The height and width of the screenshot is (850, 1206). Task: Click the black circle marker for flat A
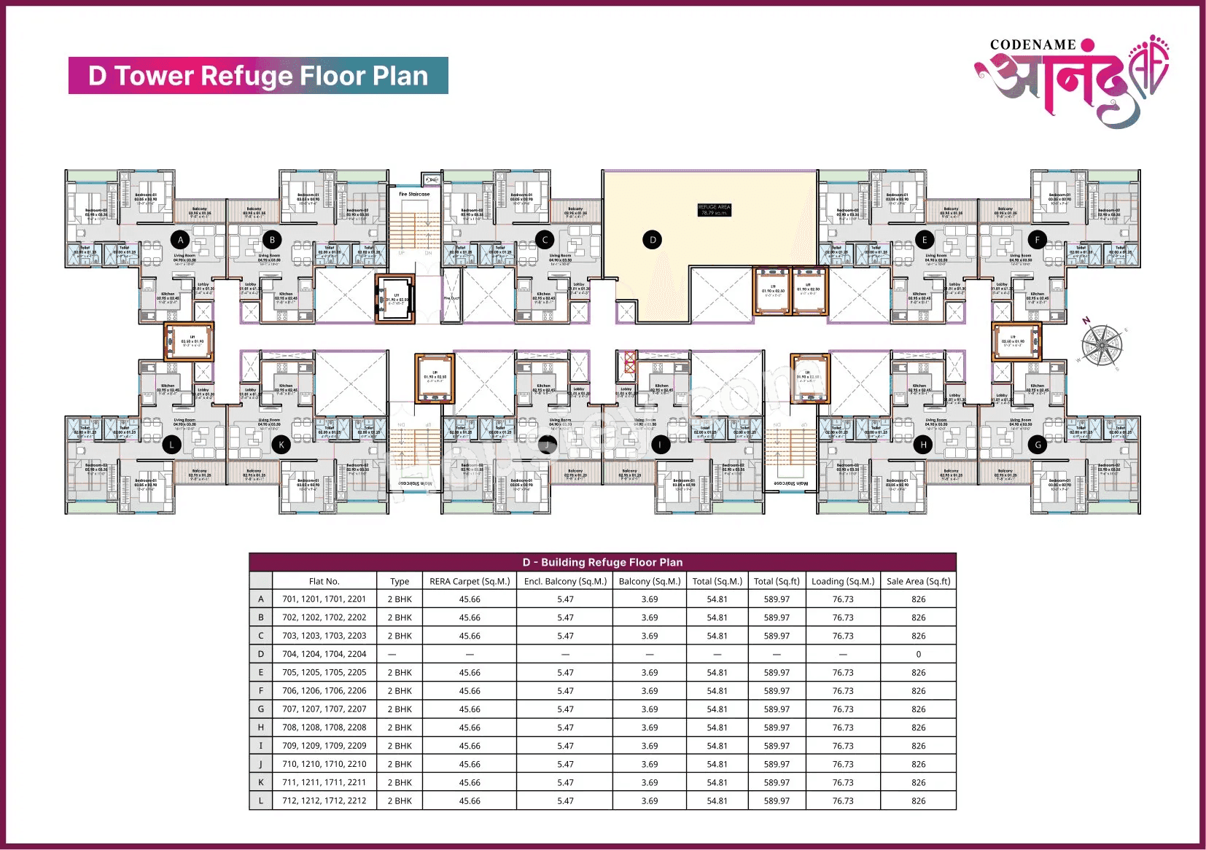click(181, 239)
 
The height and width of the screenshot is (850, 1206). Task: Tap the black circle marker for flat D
click(653, 239)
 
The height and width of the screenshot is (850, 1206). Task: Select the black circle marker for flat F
click(1038, 239)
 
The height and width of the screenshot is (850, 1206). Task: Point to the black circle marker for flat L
click(172, 444)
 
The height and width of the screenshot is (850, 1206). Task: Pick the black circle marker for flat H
click(923, 444)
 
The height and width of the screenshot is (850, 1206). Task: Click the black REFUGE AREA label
click(714, 210)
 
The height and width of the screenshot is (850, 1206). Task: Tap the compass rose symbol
click(1102, 345)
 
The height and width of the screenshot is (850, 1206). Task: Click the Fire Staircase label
click(414, 195)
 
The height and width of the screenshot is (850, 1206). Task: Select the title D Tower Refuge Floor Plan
click(258, 76)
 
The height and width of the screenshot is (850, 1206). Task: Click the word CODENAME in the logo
click(1032, 45)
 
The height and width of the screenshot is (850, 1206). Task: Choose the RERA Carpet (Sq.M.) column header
click(470, 581)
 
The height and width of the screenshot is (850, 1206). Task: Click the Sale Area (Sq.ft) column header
click(918, 581)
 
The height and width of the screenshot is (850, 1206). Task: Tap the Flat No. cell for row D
click(324, 654)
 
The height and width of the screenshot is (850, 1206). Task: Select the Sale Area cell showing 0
click(918, 654)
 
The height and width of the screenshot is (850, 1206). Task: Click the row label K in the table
click(260, 782)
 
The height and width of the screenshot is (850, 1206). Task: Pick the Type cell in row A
click(400, 599)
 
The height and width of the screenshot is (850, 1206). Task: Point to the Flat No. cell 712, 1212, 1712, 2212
click(324, 800)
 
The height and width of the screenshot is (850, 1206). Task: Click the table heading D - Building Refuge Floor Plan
click(602, 562)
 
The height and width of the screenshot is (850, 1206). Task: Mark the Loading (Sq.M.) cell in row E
click(843, 672)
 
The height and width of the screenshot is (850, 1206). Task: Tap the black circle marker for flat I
click(661, 444)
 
